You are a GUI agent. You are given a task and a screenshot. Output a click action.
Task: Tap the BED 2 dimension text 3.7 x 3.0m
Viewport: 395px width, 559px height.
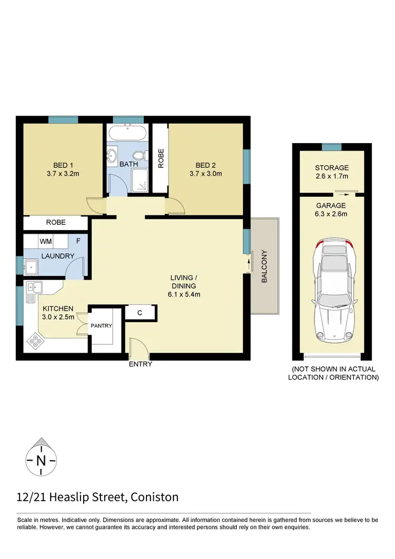(x=206, y=173)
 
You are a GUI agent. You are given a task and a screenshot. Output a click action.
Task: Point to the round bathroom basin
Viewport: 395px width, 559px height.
(x=113, y=156)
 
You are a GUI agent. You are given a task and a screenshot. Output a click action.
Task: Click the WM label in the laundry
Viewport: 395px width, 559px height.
(x=45, y=242)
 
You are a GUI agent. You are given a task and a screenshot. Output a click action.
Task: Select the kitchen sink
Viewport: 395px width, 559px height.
(x=35, y=287)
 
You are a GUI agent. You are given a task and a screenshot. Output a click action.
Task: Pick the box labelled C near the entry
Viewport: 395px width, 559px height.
(x=140, y=312)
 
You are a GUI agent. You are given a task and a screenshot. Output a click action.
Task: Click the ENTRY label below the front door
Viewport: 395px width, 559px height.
(x=140, y=364)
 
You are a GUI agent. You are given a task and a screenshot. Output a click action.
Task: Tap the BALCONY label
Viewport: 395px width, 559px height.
(x=265, y=266)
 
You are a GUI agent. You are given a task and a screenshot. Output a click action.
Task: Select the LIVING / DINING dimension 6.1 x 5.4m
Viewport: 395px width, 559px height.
(x=185, y=294)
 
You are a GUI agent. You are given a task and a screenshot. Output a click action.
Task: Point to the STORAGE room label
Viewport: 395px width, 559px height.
(x=331, y=168)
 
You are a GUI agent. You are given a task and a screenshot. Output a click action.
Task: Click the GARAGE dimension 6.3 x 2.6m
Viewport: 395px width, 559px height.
(x=331, y=214)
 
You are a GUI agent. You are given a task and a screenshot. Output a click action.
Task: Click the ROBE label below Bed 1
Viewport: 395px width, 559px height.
(x=56, y=223)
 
